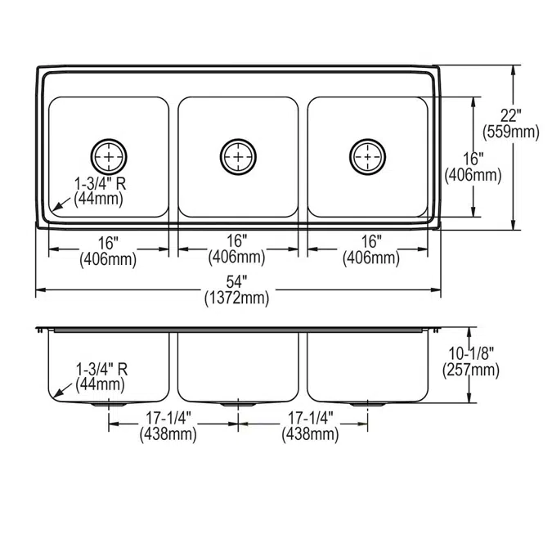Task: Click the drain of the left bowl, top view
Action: click(x=109, y=154)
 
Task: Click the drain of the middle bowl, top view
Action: click(x=237, y=154)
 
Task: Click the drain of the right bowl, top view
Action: click(x=366, y=154)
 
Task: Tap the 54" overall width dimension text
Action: click(x=237, y=283)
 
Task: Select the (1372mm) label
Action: click(x=237, y=298)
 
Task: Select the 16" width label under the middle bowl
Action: click(x=237, y=241)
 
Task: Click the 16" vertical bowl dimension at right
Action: click(x=472, y=159)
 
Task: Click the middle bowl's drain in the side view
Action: click(x=237, y=404)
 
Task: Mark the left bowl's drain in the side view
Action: click(x=109, y=404)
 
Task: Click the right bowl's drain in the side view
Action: click(x=366, y=404)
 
